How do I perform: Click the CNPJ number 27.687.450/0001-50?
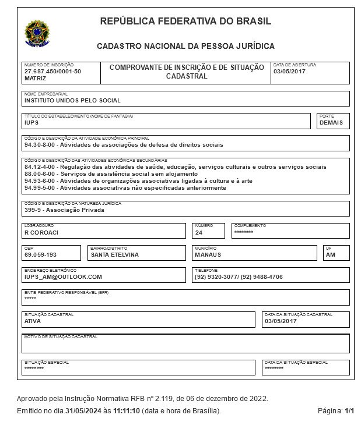52,71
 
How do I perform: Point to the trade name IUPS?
31,123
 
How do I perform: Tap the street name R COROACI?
41,232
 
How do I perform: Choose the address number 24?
199,232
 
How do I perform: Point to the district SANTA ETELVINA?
115,254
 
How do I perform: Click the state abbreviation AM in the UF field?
330,254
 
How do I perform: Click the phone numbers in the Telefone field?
238,277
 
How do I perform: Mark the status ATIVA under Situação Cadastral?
33,321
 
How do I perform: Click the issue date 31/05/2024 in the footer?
86,411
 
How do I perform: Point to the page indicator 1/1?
349,411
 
